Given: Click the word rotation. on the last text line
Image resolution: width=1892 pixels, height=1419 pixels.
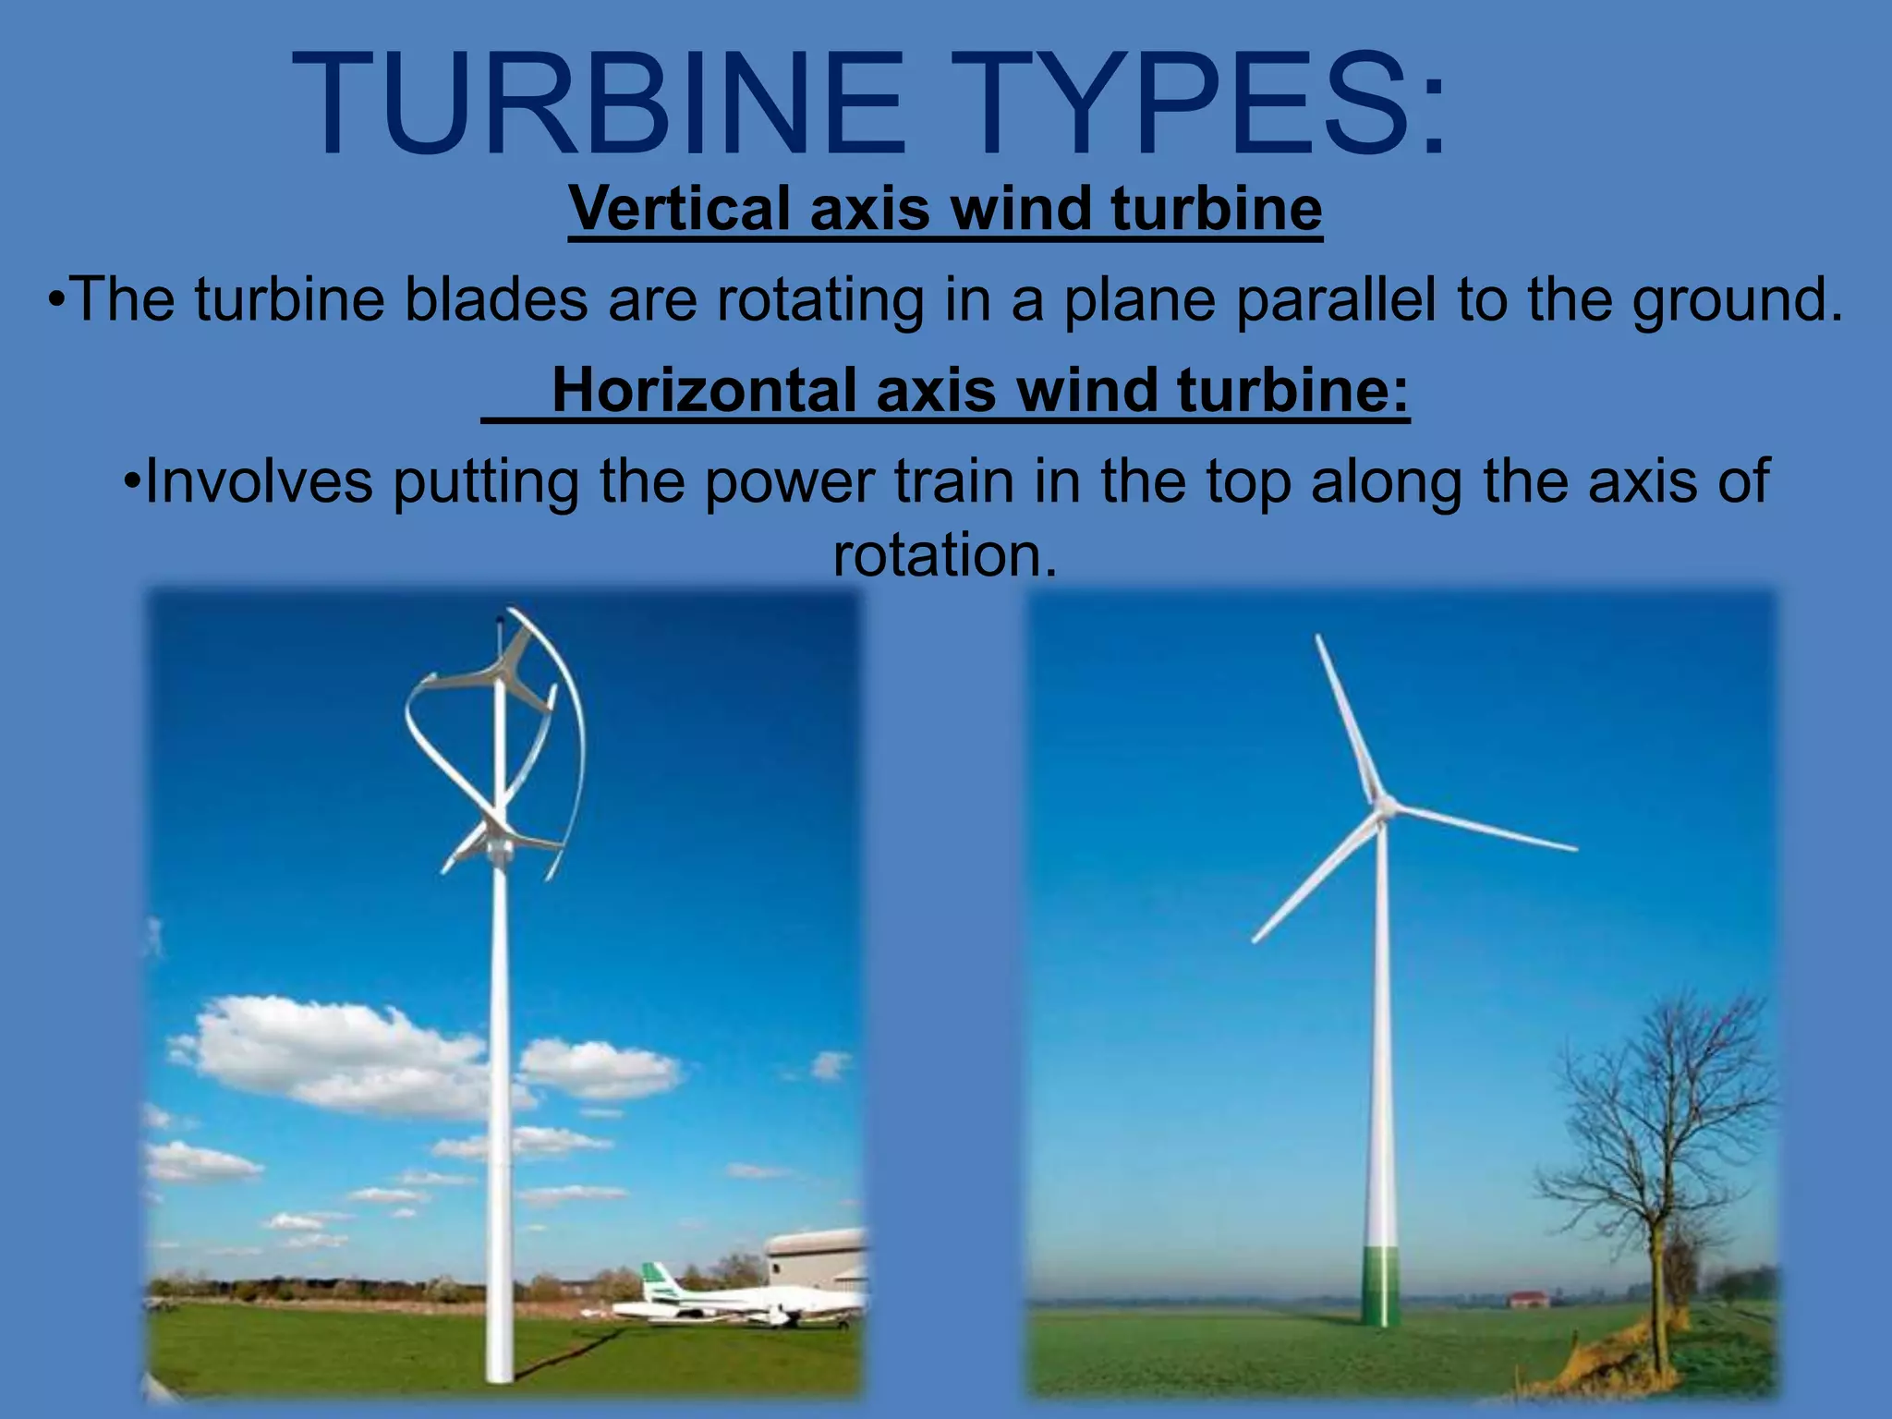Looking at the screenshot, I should click(x=944, y=555).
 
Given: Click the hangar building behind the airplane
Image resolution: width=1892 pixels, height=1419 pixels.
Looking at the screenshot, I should click(x=818, y=1256).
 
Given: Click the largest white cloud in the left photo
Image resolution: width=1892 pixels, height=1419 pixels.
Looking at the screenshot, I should click(x=333, y=1053).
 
